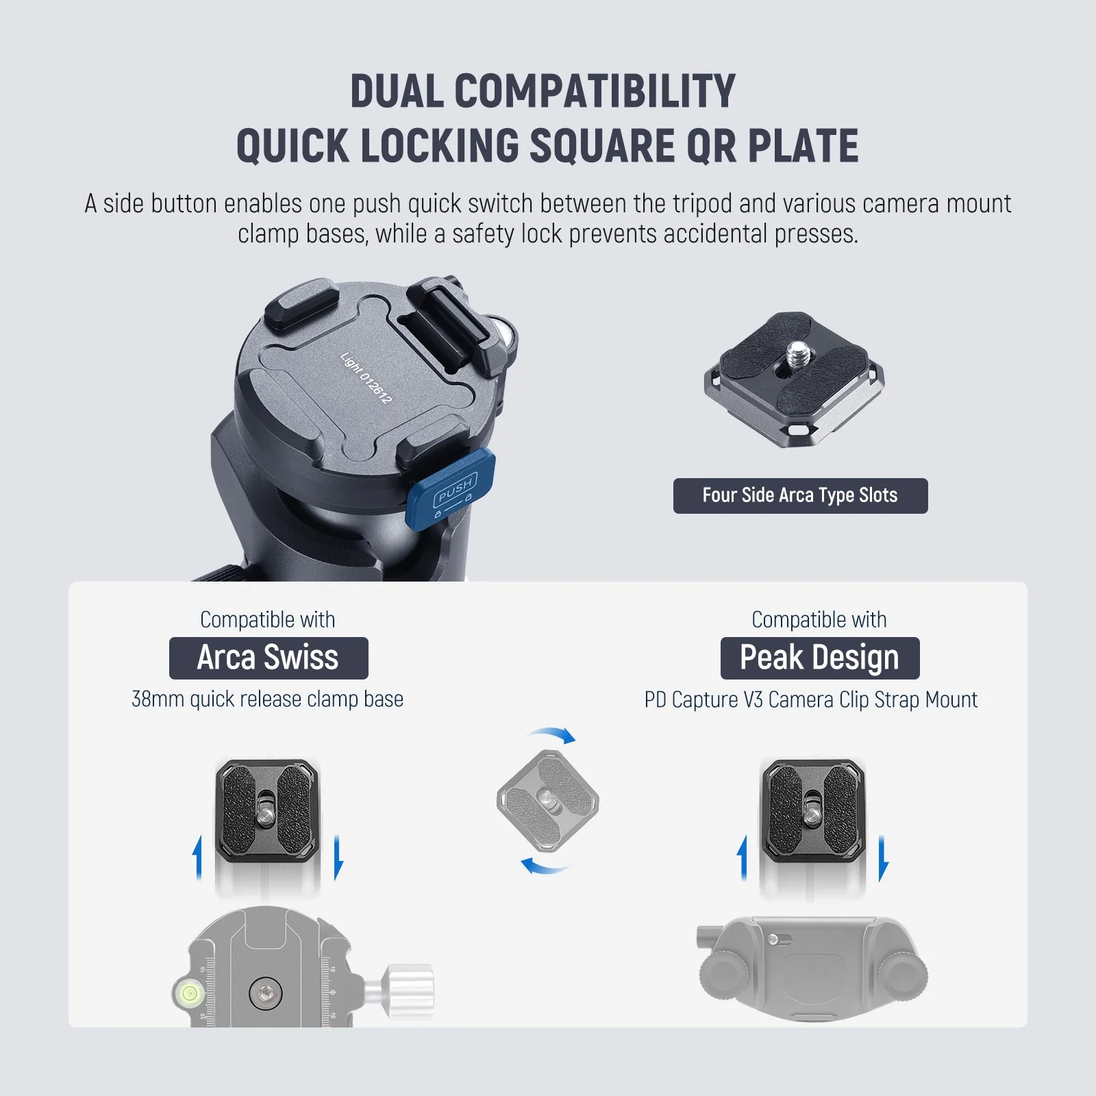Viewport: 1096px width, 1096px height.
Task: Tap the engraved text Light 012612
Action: pyautogui.click(x=366, y=377)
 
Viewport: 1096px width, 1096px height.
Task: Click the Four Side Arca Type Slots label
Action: pyautogui.click(x=800, y=495)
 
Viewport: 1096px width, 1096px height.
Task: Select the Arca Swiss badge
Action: pyautogui.click(x=269, y=658)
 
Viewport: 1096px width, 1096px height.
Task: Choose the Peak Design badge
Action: pyautogui.click(x=820, y=658)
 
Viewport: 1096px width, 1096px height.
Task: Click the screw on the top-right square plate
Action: pyautogui.click(x=796, y=356)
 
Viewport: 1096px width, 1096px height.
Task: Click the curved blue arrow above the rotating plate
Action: pyautogui.click(x=551, y=735)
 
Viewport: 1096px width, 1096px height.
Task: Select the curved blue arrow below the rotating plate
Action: pyautogui.click(x=545, y=867)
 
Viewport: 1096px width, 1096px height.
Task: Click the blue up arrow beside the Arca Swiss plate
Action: pyautogui.click(x=198, y=857)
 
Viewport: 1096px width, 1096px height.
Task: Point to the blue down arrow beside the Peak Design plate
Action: pyautogui.click(x=883, y=858)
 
